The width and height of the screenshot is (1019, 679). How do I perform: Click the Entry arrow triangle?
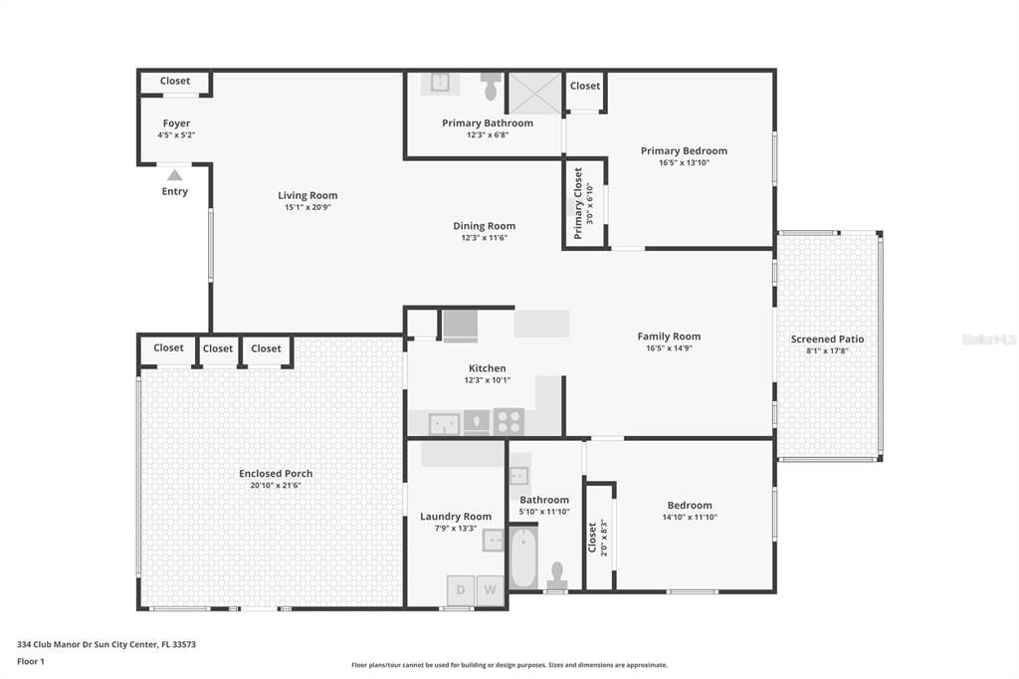coord(174,175)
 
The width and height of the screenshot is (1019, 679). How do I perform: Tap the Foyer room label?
coord(176,123)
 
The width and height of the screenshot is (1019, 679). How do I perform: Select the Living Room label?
coord(307,195)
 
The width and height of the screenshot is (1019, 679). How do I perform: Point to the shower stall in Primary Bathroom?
coord(534,93)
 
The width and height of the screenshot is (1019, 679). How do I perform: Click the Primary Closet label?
coord(578,203)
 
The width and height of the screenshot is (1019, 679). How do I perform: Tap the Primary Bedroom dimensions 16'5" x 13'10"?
coord(684,162)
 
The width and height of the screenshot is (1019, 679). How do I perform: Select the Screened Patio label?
coord(827,339)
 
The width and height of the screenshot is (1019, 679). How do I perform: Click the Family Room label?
coord(669,337)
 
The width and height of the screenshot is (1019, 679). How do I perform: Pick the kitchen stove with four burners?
coord(509,422)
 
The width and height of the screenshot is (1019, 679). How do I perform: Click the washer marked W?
coord(491,590)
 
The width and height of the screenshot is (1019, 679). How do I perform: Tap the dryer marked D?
coord(460,590)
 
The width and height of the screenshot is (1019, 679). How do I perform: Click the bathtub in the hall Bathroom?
coord(523,558)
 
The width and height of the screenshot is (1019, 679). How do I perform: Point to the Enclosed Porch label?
coord(276,473)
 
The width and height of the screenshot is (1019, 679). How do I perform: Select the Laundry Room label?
coord(455,516)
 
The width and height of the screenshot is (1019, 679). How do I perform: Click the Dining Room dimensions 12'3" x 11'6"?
coord(484,238)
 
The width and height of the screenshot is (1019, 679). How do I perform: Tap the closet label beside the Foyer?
coord(175,82)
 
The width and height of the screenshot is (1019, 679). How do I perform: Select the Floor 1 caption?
coord(32,661)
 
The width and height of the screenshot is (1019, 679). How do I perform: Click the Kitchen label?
coord(487,368)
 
